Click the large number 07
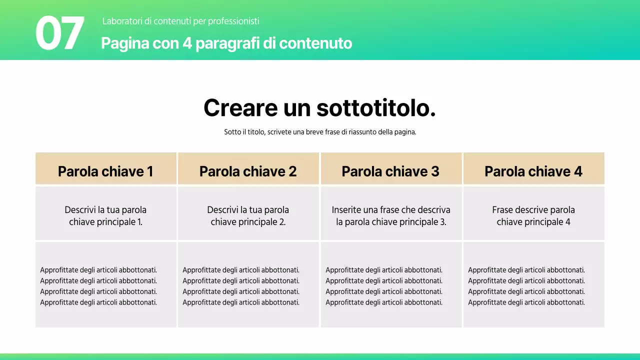point(59,33)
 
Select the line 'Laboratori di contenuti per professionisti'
point(180,21)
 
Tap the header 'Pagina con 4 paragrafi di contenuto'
point(226,43)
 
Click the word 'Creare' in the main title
point(240,108)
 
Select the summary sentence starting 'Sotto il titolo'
point(320,132)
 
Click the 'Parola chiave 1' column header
point(105,171)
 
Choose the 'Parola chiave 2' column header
point(248,171)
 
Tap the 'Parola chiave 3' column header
point(390,171)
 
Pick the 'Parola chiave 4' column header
point(533,171)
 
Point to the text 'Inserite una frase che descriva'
point(391,210)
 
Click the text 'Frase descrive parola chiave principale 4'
point(533,216)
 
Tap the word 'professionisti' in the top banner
point(234,21)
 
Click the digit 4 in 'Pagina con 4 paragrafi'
point(187,43)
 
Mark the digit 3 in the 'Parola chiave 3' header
point(435,171)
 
